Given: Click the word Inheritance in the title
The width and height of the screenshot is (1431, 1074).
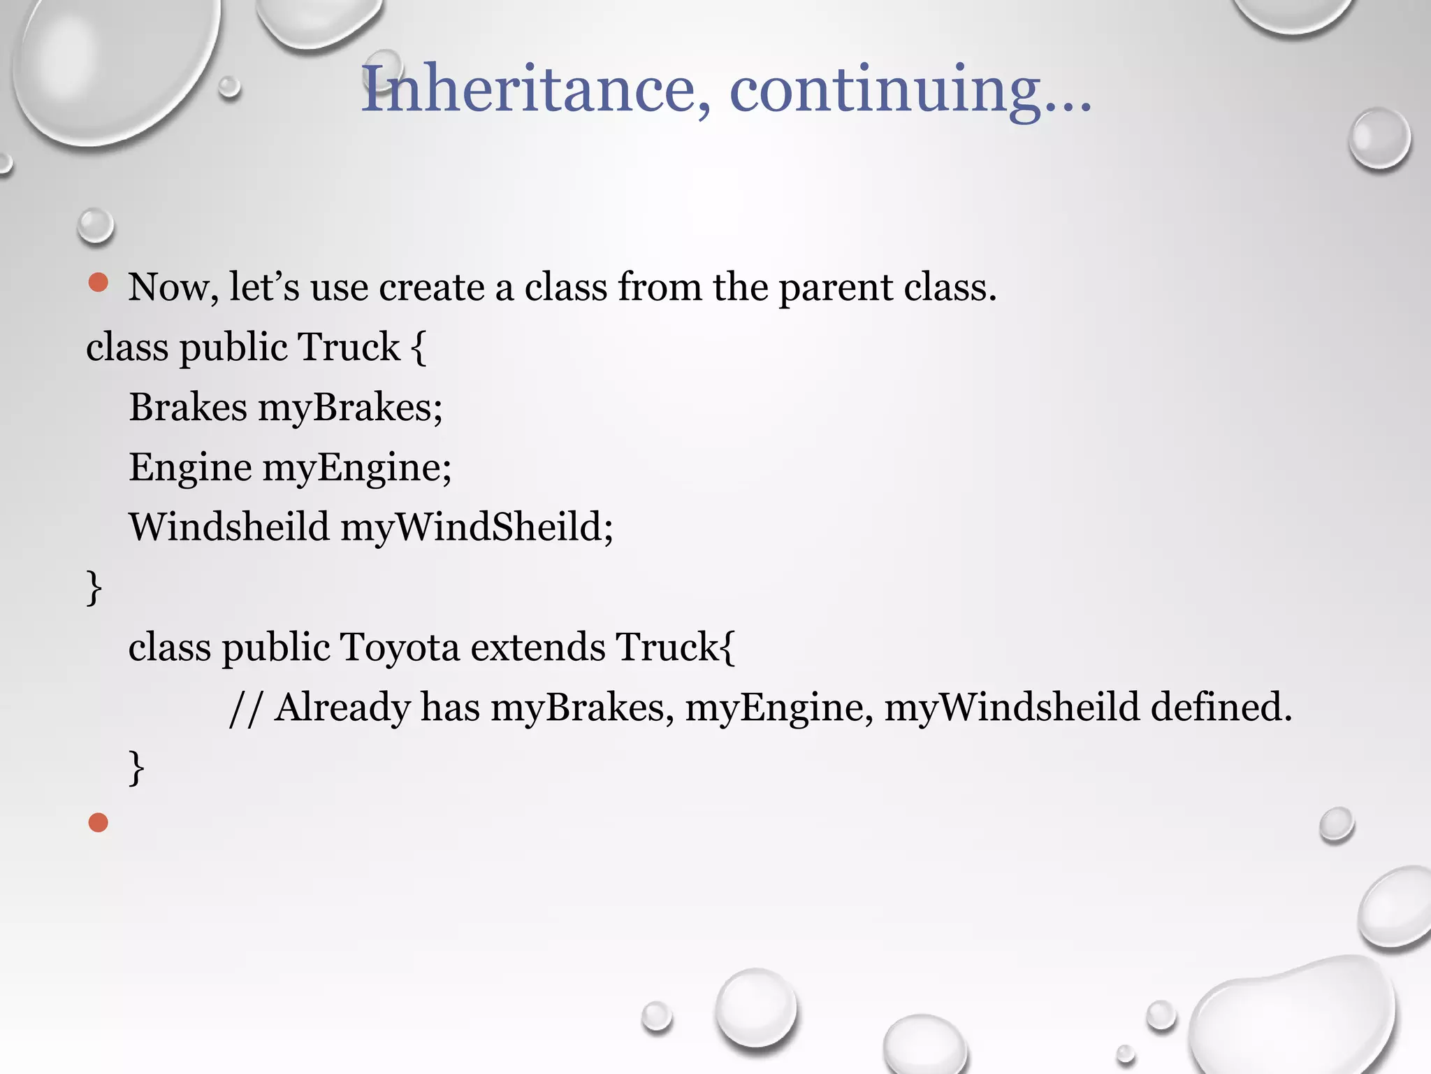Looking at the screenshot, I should point(528,89).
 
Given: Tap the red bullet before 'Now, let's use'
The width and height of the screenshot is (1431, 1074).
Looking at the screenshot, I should point(99,282).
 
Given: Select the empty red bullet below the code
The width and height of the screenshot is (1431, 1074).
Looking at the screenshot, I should point(99,822).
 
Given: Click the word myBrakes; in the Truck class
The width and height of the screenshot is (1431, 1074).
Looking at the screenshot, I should point(350,408).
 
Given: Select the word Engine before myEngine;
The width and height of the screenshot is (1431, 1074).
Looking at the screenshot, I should point(190,468).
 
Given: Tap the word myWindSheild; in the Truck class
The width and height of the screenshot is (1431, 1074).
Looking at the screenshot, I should point(477,527).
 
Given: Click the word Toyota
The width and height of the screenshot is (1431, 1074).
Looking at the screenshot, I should point(400,647).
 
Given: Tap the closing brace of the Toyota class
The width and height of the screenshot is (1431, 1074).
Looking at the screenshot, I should point(137,768).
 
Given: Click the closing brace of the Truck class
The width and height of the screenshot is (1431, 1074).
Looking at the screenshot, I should point(94,587).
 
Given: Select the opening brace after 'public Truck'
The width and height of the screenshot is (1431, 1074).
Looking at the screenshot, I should point(419,348).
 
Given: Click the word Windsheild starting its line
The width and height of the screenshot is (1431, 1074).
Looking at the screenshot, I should point(228,527).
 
